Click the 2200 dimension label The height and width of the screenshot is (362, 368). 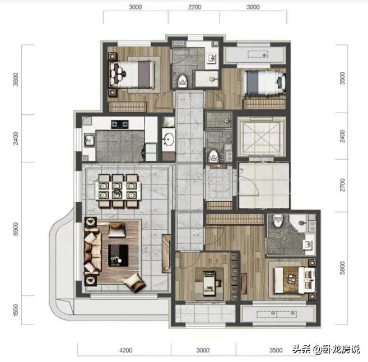[x=194, y=8]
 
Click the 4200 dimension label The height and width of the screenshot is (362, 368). [x=125, y=350]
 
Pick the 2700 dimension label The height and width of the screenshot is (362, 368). [x=342, y=184]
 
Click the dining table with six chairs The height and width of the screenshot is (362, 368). [x=117, y=189]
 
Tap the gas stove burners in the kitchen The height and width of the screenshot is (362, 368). [x=120, y=123]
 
